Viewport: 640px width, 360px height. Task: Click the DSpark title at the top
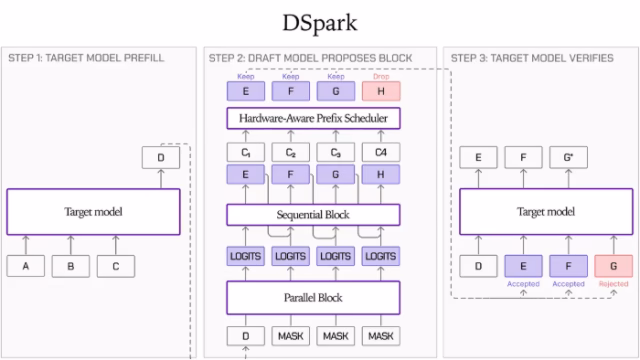coord(320,23)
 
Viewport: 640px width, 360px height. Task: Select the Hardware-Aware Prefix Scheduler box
coord(313,118)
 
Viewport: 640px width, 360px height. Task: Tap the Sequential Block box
coord(313,215)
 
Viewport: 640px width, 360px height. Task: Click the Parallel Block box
coord(313,298)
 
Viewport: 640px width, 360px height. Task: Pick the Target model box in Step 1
coord(93,211)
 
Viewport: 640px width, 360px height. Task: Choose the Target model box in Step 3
coord(546,211)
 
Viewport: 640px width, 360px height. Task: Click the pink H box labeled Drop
coord(381,91)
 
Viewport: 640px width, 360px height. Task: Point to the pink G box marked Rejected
coord(613,266)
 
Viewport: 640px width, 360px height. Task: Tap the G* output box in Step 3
coord(569,157)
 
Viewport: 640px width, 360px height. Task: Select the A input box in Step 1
coord(26,266)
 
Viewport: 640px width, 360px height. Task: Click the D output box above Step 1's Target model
coord(161,157)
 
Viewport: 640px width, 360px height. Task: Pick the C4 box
coord(381,152)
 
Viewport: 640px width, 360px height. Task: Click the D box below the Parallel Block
coord(246,336)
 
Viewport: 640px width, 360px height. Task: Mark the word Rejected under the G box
coord(613,284)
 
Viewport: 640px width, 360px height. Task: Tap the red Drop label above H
coord(381,76)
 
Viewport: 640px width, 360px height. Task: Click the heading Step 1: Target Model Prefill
coord(86,58)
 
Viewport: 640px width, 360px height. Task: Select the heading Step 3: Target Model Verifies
coord(532,58)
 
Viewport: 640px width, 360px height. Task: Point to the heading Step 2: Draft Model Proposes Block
coord(311,58)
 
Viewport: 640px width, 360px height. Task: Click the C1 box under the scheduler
coord(246,152)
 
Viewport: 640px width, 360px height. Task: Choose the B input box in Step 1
coord(71,266)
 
